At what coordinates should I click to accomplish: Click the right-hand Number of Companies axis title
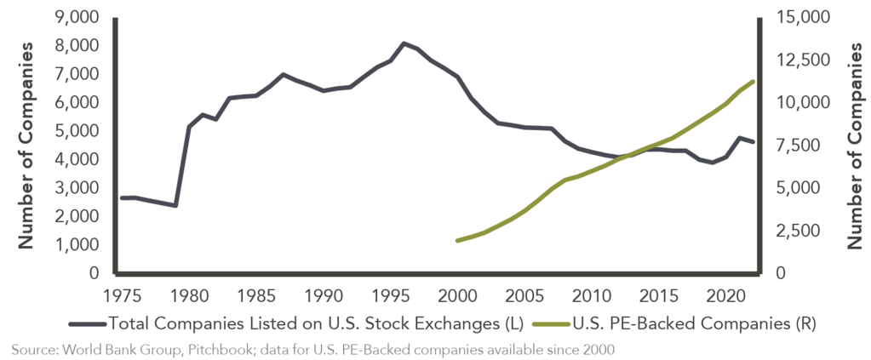[853, 145]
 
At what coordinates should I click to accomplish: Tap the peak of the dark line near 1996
[404, 43]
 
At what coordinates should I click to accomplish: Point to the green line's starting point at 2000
[457, 241]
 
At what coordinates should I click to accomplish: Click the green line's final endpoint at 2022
[753, 81]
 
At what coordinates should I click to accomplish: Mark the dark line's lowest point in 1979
[175, 205]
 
